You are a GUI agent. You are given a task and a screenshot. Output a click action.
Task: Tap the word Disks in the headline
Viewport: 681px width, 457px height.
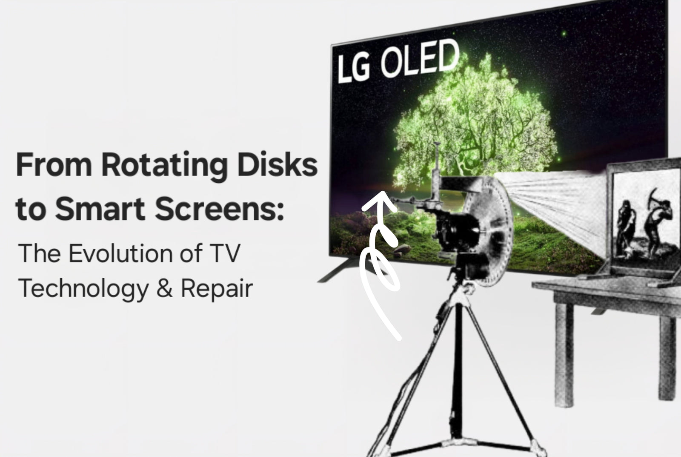coord(278,164)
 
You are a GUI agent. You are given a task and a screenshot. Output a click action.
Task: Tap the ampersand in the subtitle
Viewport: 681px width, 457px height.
coord(165,287)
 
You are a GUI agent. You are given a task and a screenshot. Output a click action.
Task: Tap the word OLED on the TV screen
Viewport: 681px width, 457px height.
coord(420,59)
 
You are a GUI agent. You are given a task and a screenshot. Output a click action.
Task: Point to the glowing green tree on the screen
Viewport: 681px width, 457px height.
coord(474,122)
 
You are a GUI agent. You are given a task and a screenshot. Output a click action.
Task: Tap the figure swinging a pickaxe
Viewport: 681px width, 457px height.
coord(657,222)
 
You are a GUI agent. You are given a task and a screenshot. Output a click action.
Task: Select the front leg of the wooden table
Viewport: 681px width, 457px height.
coord(564,353)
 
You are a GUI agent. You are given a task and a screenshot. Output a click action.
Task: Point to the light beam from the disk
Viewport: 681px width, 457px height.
coord(553,207)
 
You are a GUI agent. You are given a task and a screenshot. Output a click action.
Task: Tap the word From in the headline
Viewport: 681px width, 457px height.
coord(54,164)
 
